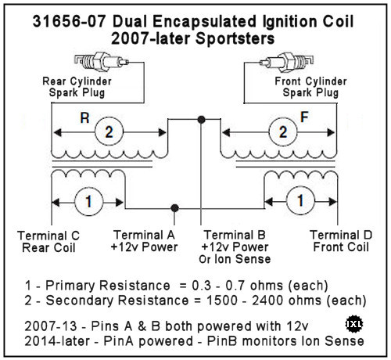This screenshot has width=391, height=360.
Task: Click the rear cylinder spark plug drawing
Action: pos(101,62)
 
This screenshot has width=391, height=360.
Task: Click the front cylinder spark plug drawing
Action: pos(286,62)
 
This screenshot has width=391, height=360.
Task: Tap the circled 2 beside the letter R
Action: pos(109,131)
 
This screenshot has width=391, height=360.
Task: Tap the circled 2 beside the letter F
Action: pos(283,131)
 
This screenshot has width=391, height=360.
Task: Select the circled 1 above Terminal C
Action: pos(89,202)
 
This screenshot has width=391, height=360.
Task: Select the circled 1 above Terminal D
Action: pos(300,200)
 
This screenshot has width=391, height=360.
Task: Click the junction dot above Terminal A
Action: pos(174,208)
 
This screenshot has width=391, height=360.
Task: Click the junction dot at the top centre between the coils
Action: pos(201,120)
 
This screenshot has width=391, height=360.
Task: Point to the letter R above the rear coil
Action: pos(84,118)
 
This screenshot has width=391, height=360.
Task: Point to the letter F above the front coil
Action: pos(304,117)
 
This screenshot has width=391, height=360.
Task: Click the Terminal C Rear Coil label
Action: pos(48,242)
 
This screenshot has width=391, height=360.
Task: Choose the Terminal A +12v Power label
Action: pos(144,241)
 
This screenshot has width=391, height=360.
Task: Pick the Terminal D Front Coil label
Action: pos(341,241)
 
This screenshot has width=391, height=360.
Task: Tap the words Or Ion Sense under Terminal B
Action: pos(235,259)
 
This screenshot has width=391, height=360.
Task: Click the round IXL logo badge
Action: pos(354,324)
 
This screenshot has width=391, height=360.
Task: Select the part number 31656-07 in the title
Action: pos(69,21)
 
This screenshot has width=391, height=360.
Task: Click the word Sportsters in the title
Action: pos(235,38)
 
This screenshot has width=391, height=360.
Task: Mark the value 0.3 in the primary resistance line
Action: pos(202,286)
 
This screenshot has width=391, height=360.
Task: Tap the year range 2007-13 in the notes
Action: pos(51,326)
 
